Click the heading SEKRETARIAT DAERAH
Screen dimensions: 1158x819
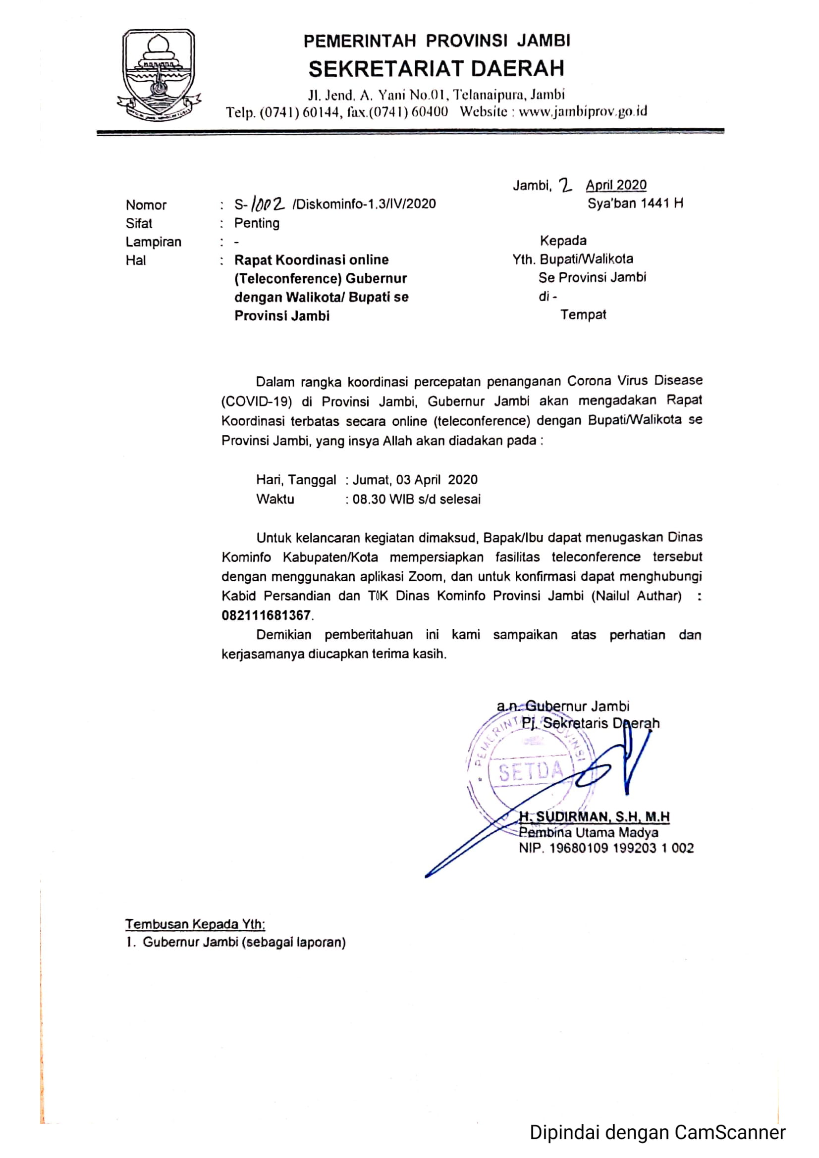click(x=436, y=69)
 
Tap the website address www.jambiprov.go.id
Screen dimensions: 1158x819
click(x=583, y=111)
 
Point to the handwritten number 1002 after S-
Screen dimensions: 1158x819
click(x=268, y=203)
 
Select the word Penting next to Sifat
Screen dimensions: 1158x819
click(x=256, y=223)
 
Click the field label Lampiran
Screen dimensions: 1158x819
click(x=154, y=242)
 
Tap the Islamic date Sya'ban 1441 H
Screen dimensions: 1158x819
click(x=635, y=203)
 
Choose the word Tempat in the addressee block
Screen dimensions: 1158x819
click(x=583, y=315)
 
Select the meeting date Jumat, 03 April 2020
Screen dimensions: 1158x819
click(x=415, y=480)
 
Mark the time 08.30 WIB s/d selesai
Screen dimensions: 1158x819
click(x=416, y=500)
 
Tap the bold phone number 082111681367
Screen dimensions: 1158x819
click(x=266, y=615)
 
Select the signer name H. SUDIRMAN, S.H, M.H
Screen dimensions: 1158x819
click(x=594, y=816)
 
